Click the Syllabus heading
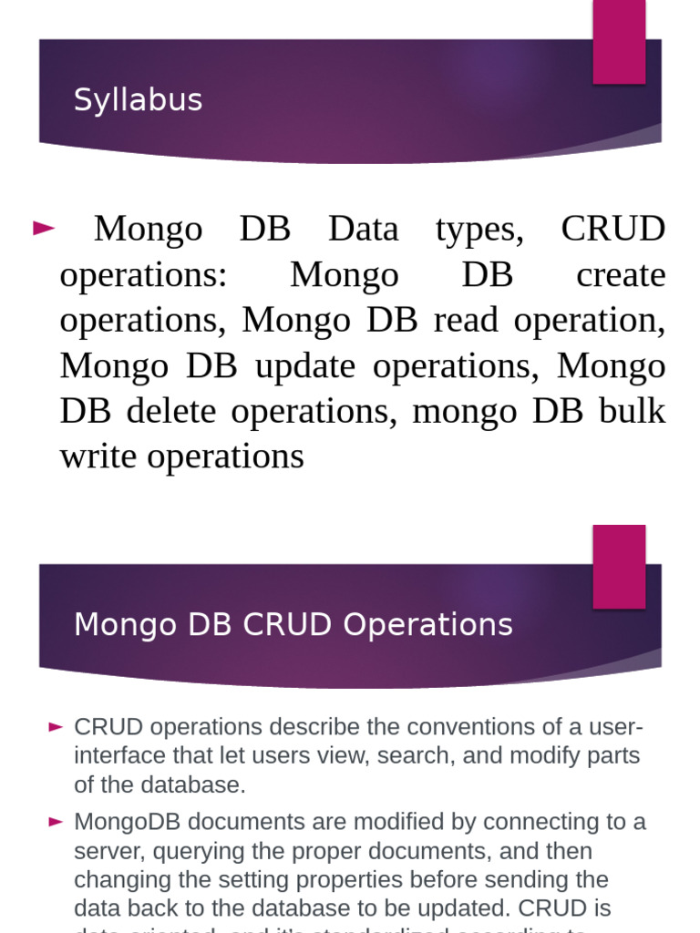click(138, 100)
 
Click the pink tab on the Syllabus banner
click(619, 41)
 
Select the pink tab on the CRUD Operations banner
click(619, 566)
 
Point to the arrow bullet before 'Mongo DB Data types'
click(44, 229)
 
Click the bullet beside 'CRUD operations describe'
click(56, 727)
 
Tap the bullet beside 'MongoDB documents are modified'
click(56, 822)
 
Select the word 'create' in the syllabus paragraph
click(621, 274)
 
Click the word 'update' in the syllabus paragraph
click(305, 365)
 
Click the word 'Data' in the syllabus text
click(363, 229)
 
